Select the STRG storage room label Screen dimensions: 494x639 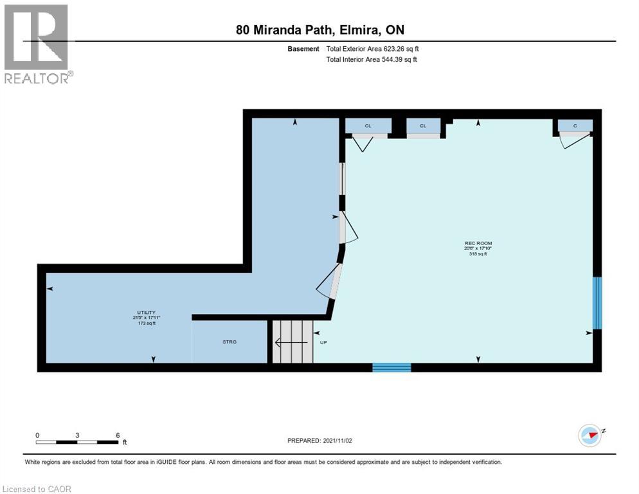click(230, 342)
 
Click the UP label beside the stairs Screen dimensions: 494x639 click(323, 342)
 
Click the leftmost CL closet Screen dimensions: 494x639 click(368, 125)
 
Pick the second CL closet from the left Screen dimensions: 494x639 click(423, 125)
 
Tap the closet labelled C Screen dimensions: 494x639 click(575, 125)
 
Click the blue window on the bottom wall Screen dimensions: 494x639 click(392, 367)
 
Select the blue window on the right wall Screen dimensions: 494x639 click(597, 303)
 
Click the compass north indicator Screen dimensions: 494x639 click(590, 435)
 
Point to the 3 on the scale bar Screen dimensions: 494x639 click(77, 435)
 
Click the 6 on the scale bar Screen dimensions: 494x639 click(118, 435)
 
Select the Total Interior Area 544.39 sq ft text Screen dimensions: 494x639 click(372, 59)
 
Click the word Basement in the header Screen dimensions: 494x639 click(303, 48)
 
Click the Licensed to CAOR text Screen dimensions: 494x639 click(37, 489)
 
